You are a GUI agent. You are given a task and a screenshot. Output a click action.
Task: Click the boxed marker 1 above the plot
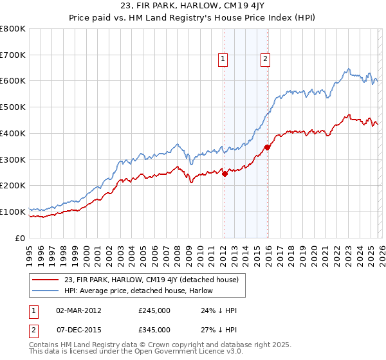click(x=223, y=59)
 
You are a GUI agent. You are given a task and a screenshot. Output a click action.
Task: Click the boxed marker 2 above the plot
click(x=265, y=59)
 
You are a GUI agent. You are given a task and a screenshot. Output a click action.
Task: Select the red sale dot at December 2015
click(x=268, y=147)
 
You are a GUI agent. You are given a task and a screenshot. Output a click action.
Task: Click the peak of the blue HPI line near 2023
click(x=348, y=69)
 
